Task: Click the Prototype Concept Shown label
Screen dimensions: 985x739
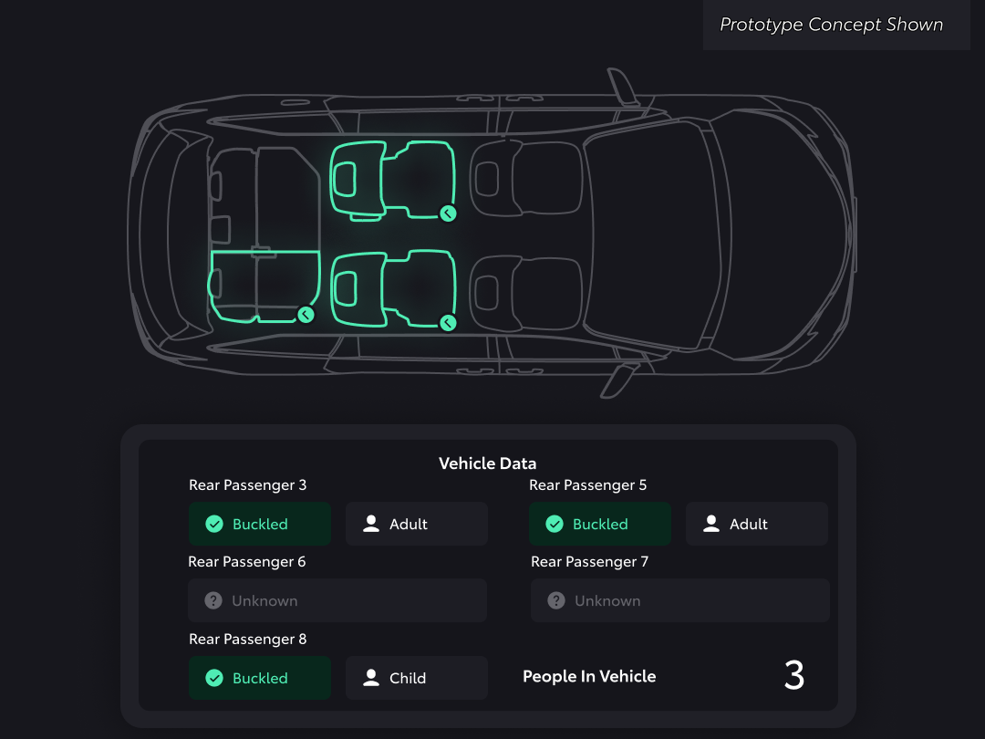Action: pos(831,25)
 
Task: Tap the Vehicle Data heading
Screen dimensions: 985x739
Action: pos(487,463)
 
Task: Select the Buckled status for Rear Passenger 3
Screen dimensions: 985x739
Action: pos(259,524)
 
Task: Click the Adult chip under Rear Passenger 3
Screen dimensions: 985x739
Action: pos(417,524)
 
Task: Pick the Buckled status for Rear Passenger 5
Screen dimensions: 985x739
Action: pos(600,524)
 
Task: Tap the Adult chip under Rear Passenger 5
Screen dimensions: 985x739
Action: pos(756,524)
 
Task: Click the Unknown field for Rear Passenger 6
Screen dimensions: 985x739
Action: pos(337,600)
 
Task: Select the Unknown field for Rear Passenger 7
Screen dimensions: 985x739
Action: pos(679,600)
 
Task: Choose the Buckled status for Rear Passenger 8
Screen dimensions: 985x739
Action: pos(259,678)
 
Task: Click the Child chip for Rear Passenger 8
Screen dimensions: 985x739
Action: pos(417,678)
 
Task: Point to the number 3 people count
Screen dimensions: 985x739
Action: pos(794,675)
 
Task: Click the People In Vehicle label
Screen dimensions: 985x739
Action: pos(589,676)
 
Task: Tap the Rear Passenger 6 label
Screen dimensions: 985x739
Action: pos(247,562)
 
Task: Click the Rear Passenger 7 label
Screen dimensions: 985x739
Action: pos(589,562)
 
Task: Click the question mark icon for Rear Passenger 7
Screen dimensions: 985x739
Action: pos(556,600)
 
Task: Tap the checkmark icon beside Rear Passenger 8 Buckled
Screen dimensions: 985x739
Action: pos(214,678)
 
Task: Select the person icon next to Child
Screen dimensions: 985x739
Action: pos(371,677)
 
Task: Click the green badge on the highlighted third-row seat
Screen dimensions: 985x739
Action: pos(306,315)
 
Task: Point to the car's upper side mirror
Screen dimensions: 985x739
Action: pos(623,86)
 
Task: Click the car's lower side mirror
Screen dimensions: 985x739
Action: pos(618,380)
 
